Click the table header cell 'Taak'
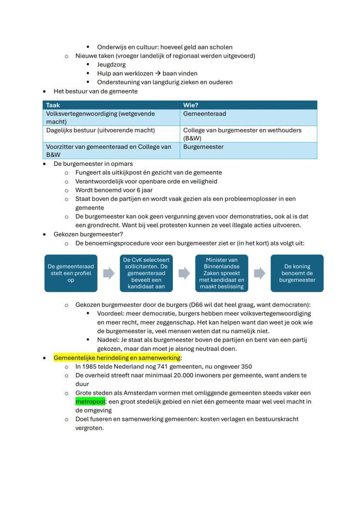tap(53, 105)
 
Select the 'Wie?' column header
tap(191, 105)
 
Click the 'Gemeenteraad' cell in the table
tap(204, 114)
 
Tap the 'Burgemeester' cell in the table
tap(203, 147)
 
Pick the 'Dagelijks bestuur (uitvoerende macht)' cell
tap(100, 130)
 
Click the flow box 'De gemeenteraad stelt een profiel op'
tap(70, 273)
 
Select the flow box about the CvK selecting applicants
tap(146, 273)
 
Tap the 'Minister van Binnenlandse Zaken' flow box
tap(222, 273)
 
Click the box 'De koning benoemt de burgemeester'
tap(297, 273)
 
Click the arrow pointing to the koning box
tap(260, 273)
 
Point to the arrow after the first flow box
tap(109, 273)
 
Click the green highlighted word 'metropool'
tap(90, 402)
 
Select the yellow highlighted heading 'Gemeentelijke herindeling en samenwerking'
tap(117, 358)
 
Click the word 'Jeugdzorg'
tap(111, 65)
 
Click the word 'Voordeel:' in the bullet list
tap(111, 313)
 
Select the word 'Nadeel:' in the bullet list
tap(109, 340)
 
